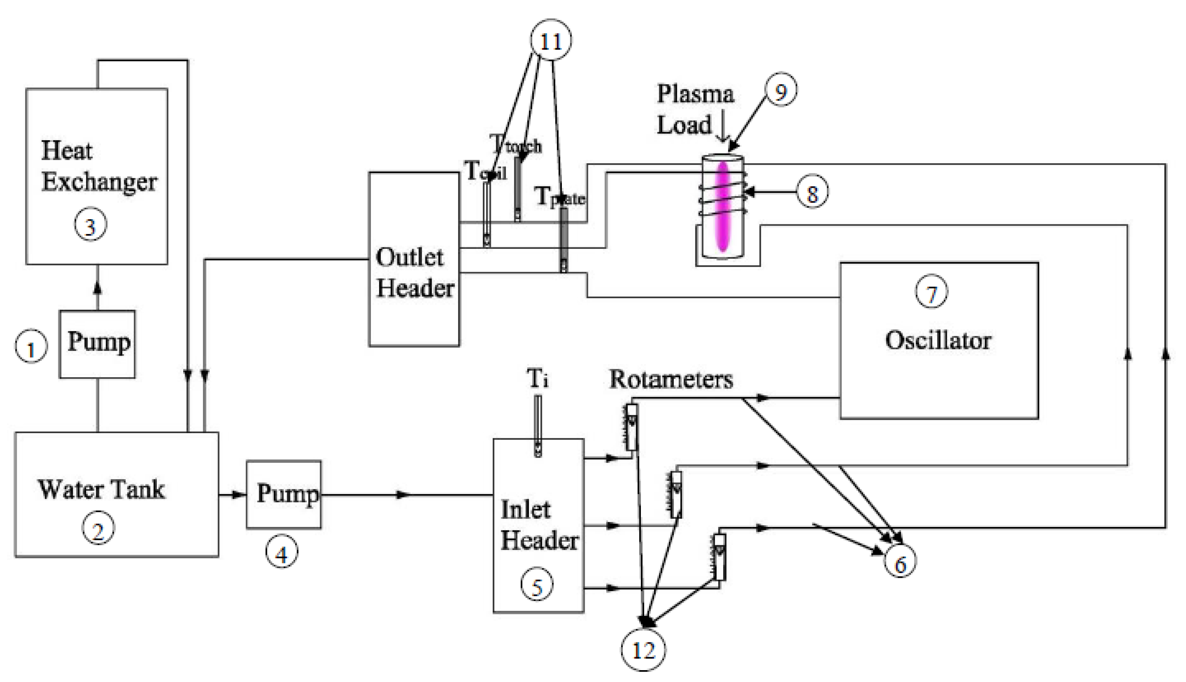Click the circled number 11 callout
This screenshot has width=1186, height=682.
[x=551, y=41]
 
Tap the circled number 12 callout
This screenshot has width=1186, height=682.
[x=643, y=650]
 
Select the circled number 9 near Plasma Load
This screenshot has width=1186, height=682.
[x=781, y=90]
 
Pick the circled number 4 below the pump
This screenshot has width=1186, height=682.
[x=281, y=554]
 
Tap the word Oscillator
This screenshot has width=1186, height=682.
[x=938, y=340]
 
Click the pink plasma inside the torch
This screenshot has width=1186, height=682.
[x=723, y=206]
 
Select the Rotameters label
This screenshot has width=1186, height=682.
[x=671, y=379]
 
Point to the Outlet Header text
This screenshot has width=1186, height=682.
[x=414, y=273]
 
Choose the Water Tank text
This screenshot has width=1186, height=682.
[x=102, y=490]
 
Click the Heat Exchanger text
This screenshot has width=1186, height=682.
[x=98, y=166]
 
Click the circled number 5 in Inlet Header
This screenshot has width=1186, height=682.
[x=537, y=586]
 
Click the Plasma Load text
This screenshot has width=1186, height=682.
[x=695, y=109]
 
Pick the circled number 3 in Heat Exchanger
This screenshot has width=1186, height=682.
[x=90, y=225]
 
